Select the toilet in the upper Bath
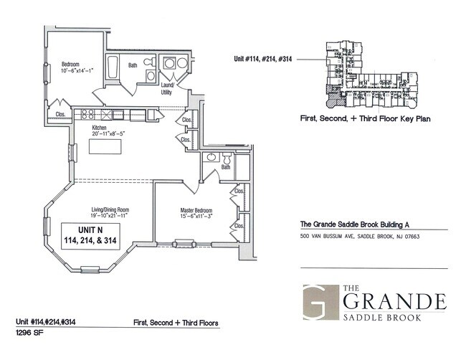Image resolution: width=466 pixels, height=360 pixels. point(149,75)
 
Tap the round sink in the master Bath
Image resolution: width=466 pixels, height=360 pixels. point(211,157)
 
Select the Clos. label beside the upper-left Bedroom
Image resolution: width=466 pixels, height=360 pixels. point(60,113)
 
